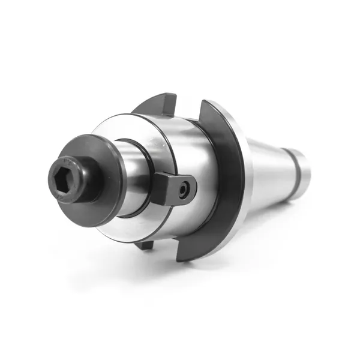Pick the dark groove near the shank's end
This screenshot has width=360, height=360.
294,171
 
